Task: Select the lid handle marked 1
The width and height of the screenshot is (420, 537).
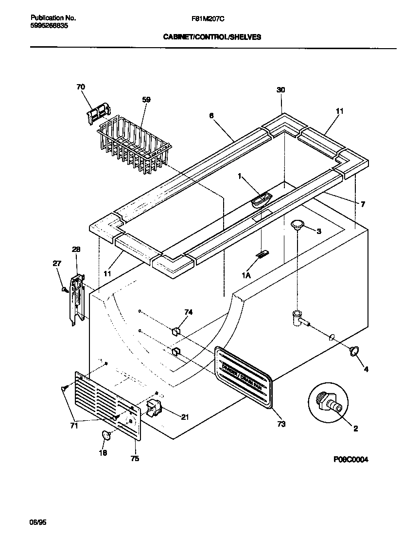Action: click(x=262, y=199)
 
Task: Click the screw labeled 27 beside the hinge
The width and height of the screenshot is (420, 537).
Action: click(x=64, y=290)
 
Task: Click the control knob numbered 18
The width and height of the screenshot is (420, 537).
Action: click(x=106, y=435)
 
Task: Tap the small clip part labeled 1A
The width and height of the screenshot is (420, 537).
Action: click(x=262, y=254)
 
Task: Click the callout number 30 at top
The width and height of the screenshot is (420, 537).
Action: click(x=280, y=89)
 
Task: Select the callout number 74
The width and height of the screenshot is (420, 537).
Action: click(x=188, y=312)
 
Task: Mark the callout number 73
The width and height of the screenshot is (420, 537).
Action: click(x=280, y=424)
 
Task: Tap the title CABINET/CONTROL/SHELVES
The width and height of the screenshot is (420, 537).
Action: click(x=211, y=36)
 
